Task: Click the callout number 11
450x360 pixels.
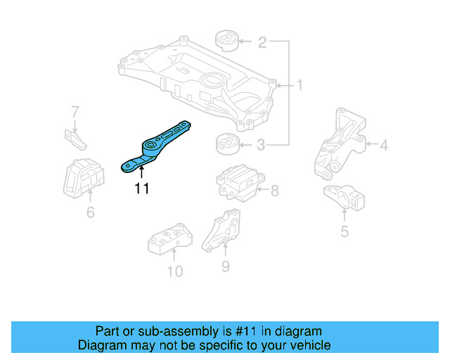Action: point(141,188)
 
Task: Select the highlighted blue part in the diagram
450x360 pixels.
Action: point(156,145)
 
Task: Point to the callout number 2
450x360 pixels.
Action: point(262,43)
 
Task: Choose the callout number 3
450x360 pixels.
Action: point(262,146)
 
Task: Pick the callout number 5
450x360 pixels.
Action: point(344,230)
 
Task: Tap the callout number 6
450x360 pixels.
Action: point(90,212)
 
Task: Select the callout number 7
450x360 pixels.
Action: point(75,111)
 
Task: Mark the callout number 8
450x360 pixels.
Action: point(274,190)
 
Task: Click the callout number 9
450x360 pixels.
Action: point(225,266)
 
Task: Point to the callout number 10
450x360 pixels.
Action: point(174,271)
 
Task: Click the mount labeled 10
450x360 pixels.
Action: point(169,238)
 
